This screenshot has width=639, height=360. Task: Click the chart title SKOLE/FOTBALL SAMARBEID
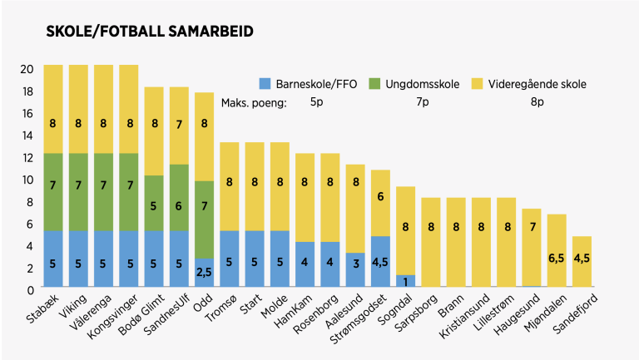point(150,31)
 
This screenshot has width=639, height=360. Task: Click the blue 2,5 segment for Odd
point(205,273)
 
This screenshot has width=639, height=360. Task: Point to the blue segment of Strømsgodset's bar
point(381,261)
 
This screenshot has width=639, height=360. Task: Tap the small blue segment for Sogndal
point(406,281)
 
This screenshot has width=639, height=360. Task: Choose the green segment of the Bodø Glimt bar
point(155,203)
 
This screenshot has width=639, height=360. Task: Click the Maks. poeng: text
point(254,102)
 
